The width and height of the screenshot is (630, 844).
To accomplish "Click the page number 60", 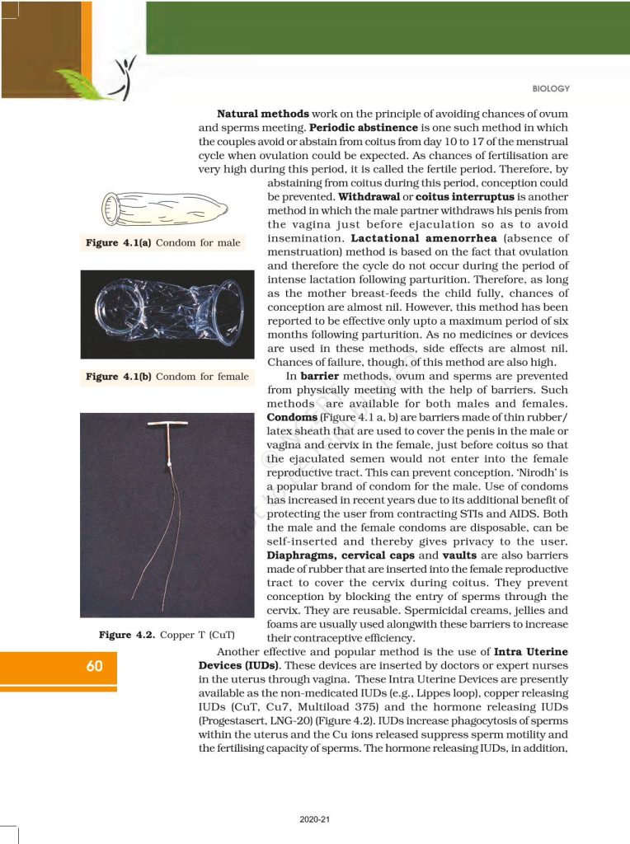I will [94, 666].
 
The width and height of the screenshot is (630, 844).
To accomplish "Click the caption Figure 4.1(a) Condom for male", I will [162, 243].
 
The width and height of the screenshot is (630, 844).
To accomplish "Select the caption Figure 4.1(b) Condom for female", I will [167, 377].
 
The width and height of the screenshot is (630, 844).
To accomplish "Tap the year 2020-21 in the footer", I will [314, 818].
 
